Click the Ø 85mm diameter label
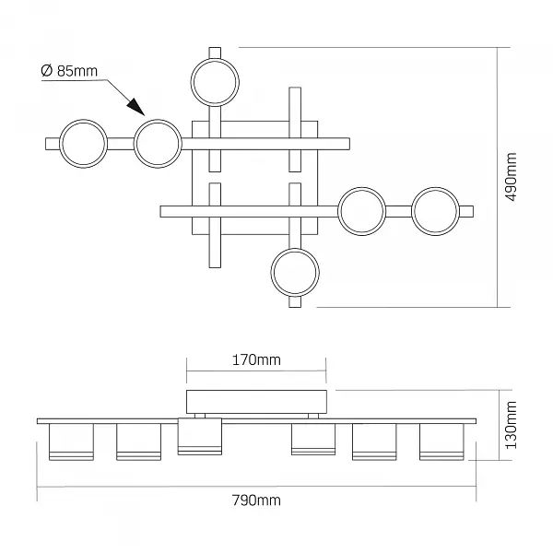point(69,71)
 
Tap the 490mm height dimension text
point(511,177)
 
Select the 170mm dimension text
point(256,360)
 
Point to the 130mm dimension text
point(511,425)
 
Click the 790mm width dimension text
point(256,500)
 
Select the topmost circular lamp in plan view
point(215,82)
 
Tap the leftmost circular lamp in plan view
point(83,144)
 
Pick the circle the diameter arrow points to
point(158,144)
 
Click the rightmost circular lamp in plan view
point(436,211)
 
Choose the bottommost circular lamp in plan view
point(295,272)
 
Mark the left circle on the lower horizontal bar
point(362,211)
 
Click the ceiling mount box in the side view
point(256,402)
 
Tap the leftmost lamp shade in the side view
point(71,441)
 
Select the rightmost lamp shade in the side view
point(441,441)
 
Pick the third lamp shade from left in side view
point(200,437)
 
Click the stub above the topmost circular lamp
point(215,53)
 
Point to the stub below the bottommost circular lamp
point(295,302)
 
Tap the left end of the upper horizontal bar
point(46,144)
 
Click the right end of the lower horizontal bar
point(474,212)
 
